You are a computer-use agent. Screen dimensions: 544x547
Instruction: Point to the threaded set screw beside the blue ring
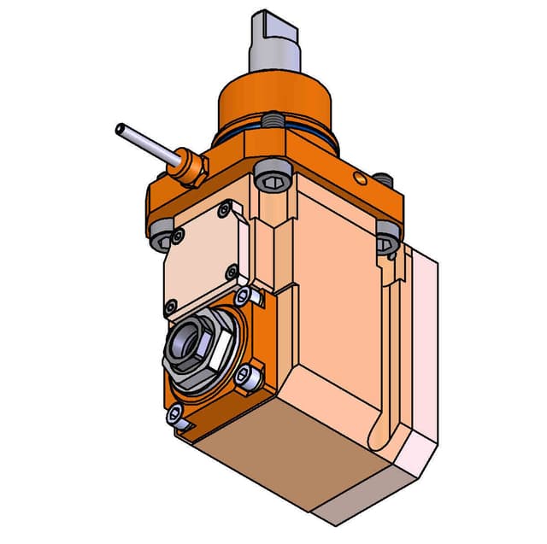tap(271, 120)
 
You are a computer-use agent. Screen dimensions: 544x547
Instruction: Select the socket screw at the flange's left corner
tap(162, 242)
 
